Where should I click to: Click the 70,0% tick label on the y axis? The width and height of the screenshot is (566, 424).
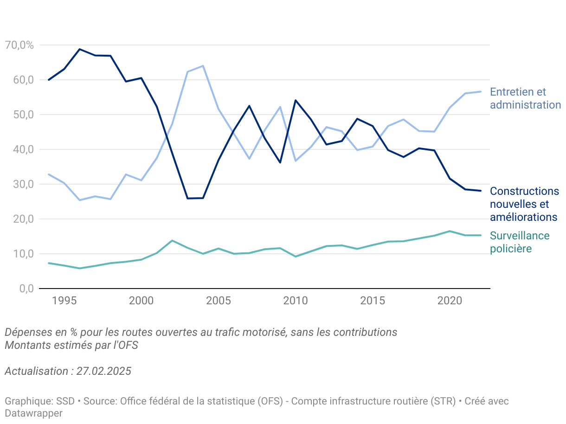click(x=19, y=45)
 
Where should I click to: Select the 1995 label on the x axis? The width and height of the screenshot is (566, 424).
click(x=64, y=301)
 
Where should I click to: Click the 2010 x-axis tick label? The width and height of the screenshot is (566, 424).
click(x=296, y=301)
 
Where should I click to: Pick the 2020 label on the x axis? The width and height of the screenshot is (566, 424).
click(x=450, y=301)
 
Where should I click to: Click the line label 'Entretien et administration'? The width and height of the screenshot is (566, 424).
click(x=525, y=98)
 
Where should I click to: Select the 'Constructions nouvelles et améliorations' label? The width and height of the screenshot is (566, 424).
click(x=524, y=204)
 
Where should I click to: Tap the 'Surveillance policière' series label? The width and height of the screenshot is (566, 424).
click(x=520, y=242)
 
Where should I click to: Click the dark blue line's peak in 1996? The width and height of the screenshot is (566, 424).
click(x=80, y=49)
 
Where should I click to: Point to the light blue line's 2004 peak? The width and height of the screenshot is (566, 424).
click(x=203, y=66)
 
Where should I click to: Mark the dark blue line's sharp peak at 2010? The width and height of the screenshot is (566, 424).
click(x=296, y=100)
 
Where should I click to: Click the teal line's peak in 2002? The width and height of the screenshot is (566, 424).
click(x=172, y=240)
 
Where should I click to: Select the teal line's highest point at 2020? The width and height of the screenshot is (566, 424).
click(x=450, y=231)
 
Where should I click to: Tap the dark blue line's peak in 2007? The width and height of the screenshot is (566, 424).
click(x=249, y=106)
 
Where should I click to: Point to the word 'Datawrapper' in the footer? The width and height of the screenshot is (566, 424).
click(x=33, y=413)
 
